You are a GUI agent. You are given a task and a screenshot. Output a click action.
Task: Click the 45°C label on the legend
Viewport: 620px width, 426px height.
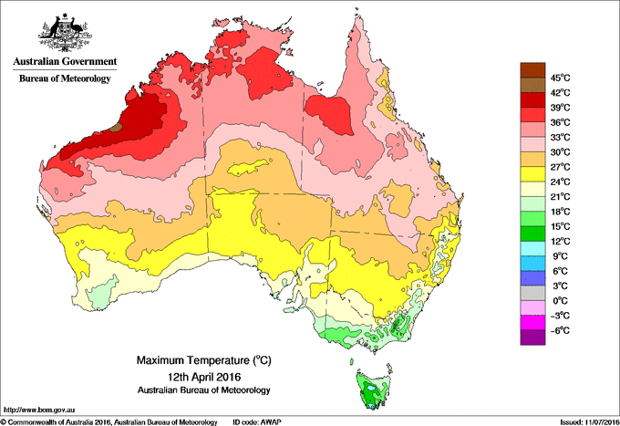[x=559, y=78]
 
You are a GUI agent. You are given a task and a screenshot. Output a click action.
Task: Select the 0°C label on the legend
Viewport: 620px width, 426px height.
[x=558, y=300]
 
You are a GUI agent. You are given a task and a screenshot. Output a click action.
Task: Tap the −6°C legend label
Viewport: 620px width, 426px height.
[x=558, y=330]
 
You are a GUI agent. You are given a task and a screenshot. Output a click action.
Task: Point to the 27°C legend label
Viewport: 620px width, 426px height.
[x=559, y=167]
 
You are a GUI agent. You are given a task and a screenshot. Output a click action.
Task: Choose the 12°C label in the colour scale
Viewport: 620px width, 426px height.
[x=559, y=241]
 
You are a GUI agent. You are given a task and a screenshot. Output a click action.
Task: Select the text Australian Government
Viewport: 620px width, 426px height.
[x=64, y=62]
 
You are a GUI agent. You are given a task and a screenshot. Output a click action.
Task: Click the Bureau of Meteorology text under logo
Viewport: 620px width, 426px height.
[x=65, y=79]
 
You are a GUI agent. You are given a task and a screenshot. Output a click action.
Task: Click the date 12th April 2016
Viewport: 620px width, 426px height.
[x=192, y=376]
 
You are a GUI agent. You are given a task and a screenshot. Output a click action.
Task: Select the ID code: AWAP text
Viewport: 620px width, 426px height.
[x=259, y=421]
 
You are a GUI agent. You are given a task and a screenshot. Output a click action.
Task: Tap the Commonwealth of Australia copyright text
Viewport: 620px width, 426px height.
[x=109, y=421]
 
